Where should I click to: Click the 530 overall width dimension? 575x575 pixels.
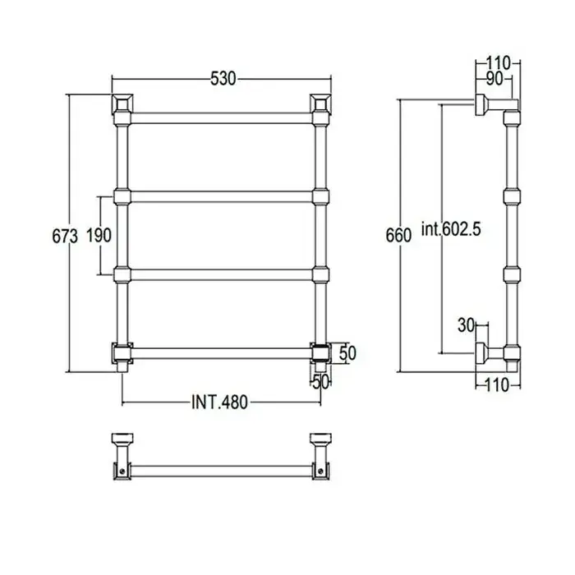coord(223,79)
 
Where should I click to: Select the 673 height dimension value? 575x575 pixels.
coord(65,236)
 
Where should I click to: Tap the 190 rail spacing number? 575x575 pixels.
coord(99,235)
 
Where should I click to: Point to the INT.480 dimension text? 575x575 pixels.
coord(219,402)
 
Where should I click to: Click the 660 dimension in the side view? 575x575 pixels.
coord(398,235)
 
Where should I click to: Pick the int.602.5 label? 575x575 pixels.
coord(451,229)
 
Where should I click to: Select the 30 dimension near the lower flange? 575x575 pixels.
coord(466,325)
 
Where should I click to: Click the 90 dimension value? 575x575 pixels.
coord(494,79)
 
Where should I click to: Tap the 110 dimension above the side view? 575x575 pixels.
coord(499,63)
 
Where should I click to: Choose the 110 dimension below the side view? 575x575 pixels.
coord(497,385)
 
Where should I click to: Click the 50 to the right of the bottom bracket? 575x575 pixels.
coord(347,353)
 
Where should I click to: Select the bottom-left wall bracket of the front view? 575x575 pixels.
coord(122,353)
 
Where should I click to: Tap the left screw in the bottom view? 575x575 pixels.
coord(122,471)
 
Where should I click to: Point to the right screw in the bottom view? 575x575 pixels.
coord(321,471)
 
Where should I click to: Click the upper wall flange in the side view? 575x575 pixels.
coord(481,104)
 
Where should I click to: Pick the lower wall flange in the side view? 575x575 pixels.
coord(481,353)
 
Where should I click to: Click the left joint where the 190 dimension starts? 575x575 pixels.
coord(122,197)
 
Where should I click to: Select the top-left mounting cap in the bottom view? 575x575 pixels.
coord(122,438)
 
